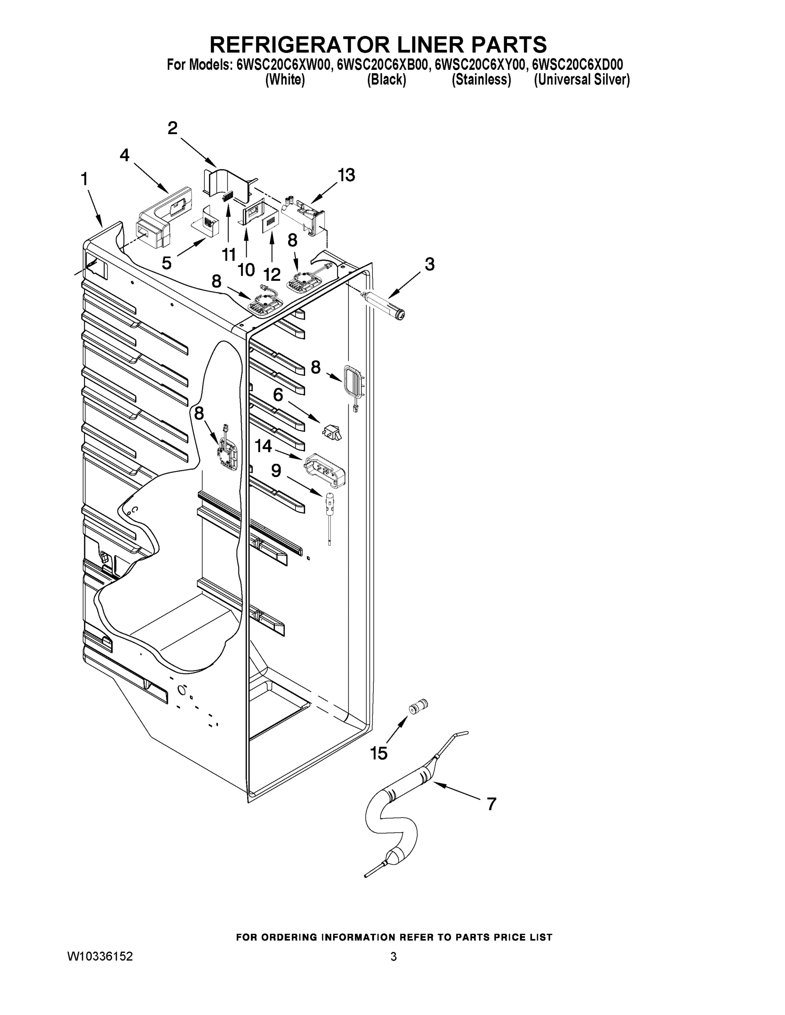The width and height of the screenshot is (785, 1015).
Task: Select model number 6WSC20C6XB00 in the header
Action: point(382,64)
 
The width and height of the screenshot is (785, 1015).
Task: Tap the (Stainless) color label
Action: point(481,80)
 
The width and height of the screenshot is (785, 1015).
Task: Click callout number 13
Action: point(346,175)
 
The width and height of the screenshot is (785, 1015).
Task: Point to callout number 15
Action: point(379,753)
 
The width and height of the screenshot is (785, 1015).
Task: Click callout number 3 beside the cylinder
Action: point(429,264)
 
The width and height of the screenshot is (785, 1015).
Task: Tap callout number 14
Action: point(263,446)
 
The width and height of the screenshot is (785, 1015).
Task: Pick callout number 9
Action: point(276,471)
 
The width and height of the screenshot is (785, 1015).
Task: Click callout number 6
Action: point(278,395)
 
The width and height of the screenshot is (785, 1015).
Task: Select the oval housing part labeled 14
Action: point(326,469)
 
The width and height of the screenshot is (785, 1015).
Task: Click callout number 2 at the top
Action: point(173,128)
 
